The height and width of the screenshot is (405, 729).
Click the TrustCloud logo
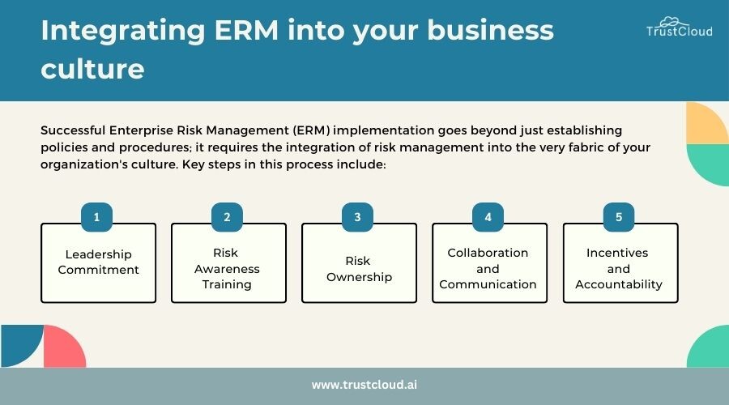tap(680, 27)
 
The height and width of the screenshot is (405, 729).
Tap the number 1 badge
tap(96, 217)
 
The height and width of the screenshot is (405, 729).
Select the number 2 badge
tap(227, 217)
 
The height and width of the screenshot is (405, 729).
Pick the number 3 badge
tap(357, 217)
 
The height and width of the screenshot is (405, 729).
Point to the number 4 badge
tap(488, 217)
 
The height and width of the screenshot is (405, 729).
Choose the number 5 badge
tap(619, 217)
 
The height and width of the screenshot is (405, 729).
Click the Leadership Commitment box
tap(99, 263)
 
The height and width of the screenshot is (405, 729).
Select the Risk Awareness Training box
tap(228, 263)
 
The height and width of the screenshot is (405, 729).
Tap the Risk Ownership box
tap(360, 263)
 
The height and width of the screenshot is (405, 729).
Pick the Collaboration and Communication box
tap(489, 263)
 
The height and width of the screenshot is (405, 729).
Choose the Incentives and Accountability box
tap(620, 263)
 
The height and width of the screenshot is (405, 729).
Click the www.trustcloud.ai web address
tap(364, 385)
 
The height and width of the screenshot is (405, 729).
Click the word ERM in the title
tap(246, 30)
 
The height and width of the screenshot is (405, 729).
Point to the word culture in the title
tap(92, 69)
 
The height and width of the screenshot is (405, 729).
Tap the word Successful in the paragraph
tap(73, 130)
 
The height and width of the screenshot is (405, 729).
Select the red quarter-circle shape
tap(65, 347)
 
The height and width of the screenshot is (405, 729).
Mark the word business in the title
tap(491, 30)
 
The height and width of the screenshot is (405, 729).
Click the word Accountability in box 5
tap(619, 284)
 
